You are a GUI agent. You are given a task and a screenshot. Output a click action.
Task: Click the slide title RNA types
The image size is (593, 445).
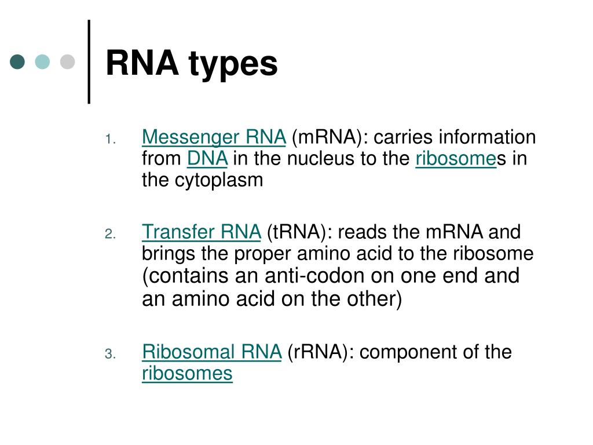[192, 64]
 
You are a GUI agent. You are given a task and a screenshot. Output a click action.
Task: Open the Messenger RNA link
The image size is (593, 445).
[214, 138]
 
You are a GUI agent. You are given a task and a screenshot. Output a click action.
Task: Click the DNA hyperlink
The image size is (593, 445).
[207, 159]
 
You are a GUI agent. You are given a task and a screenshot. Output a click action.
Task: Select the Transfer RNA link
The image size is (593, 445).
[202, 232]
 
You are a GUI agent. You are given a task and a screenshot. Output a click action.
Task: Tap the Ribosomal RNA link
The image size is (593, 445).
[212, 352]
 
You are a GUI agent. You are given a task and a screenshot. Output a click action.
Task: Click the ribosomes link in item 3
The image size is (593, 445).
[187, 373]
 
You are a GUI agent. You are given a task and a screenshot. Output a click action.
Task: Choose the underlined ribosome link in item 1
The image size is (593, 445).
[456, 159]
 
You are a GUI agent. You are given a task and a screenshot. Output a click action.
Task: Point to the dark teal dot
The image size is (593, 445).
[18, 61]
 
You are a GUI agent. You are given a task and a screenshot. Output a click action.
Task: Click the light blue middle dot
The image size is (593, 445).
[42, 61]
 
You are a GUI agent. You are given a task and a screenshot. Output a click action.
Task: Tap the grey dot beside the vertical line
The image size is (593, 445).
[68, 61]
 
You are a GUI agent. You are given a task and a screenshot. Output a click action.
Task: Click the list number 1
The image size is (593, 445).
[111, 139]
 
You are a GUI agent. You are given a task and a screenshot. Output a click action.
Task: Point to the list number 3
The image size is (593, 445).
[111, 353]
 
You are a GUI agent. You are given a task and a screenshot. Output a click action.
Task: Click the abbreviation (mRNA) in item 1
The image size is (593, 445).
[324, 138]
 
